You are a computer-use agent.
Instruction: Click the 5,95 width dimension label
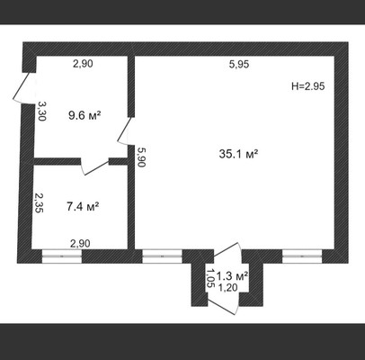pos(239,64)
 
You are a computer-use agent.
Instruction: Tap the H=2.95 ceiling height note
pos(308,86)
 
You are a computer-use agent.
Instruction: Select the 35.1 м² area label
pos(238,154)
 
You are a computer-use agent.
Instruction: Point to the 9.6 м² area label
pos(85,115)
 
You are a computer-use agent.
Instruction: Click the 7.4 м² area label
pos(83,207)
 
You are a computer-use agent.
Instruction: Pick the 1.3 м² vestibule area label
pos(232,275)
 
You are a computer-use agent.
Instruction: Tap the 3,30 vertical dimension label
pos(41,111)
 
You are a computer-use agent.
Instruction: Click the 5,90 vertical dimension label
pos(140,157)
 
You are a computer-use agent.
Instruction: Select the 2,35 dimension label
pos(39,202)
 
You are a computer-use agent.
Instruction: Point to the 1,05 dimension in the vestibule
pos(210,278)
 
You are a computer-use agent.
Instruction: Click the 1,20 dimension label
pos(227,288)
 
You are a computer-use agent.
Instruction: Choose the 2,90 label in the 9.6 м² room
pos(83,64)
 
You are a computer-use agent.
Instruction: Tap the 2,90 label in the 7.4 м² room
pos(80,244)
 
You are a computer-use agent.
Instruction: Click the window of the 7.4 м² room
pos(62,256)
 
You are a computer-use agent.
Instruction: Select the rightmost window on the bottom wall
pos(302,256)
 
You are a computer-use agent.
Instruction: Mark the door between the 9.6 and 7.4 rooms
pos(94,166)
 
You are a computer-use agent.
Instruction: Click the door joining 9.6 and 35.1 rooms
pos(125,131)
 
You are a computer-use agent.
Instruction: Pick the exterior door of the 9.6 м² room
pos(23,88)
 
